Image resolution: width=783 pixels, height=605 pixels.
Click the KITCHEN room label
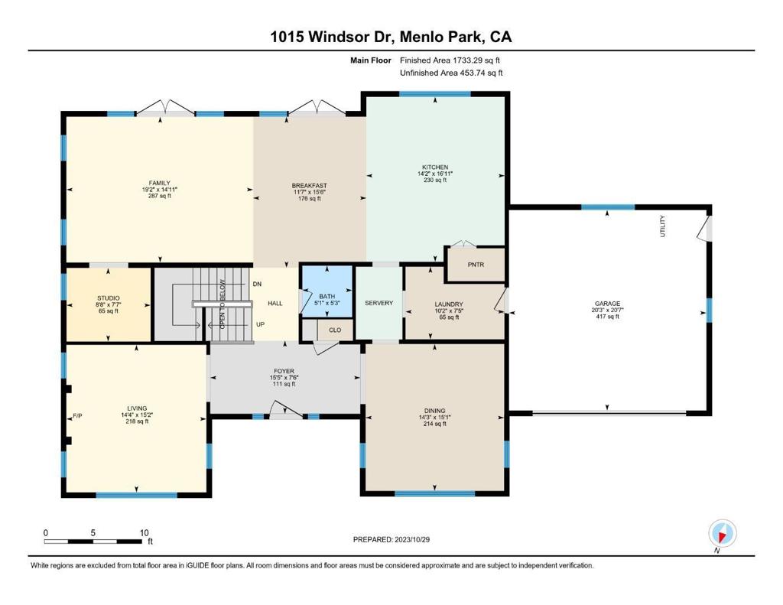point(435,167)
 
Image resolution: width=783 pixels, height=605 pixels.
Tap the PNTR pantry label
point(476,265)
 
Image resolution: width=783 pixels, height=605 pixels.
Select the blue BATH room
point(327,291)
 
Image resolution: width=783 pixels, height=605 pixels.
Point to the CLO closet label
point(335,330)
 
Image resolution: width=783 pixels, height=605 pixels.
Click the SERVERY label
point(379,303)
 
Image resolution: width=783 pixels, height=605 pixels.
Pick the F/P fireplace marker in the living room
point(77,415)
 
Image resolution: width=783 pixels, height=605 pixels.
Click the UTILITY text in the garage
point(663,226)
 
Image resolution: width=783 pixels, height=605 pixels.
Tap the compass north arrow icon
point(722,534)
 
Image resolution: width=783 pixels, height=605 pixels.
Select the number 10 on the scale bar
point(144,533)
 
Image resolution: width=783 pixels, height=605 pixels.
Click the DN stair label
point(257,284)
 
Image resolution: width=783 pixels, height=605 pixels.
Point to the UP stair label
point(260,324)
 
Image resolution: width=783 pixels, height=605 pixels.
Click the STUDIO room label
point(109,298)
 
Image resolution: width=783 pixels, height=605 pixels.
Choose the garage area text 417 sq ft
point(607,316)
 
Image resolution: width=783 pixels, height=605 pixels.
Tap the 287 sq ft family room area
point(159,196)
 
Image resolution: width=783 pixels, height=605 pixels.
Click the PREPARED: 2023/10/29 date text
point(391,539)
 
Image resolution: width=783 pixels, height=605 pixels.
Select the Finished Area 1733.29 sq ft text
point(450,60)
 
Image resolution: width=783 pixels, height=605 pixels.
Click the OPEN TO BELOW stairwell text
point(223,304)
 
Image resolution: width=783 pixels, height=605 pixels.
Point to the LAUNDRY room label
point(449,304)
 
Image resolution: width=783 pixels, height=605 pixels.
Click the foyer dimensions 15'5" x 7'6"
point(284,378)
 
